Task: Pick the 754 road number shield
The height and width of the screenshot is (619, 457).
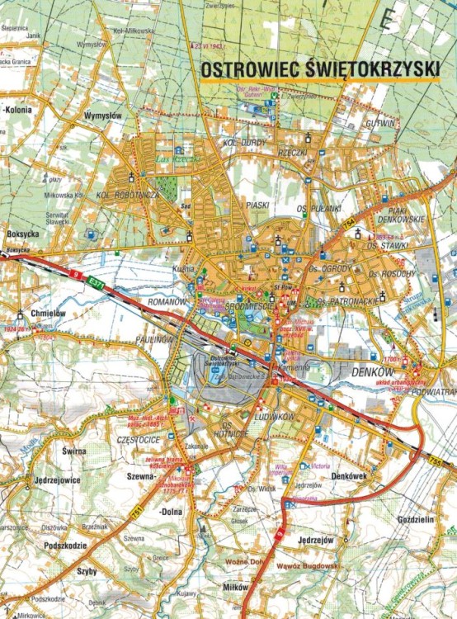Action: coord(348,224)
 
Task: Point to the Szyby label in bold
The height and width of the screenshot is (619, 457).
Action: coord(87,571)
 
